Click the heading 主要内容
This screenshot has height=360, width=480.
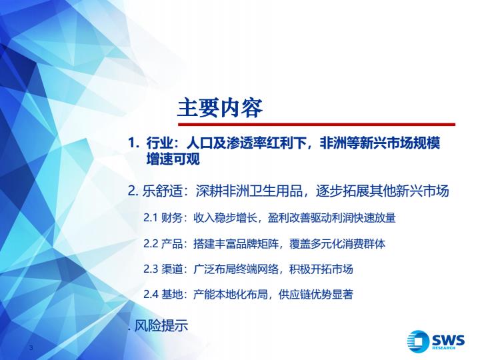tap(220, 108)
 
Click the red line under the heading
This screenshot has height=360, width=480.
tap(317, 125)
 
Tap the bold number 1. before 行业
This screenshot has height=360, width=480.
tap(134, 143)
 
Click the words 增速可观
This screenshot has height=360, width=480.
tap(173, 159)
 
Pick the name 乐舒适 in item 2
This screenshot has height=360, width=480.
tap(162, 191)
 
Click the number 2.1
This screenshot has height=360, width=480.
tap(151, 218)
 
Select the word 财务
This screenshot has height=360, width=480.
tap(172, 218)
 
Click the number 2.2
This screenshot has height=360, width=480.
tap(151, 244)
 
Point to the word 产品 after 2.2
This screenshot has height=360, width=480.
tap(172, 244)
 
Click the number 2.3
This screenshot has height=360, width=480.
tap(151, 269)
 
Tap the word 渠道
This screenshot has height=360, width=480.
tap(172, 269)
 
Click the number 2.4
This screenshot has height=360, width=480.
tap(151, 294)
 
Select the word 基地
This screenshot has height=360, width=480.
tap(172, 294)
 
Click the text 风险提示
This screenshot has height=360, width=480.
tap(161, 325)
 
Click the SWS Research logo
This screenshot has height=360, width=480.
tap(436, 341)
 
